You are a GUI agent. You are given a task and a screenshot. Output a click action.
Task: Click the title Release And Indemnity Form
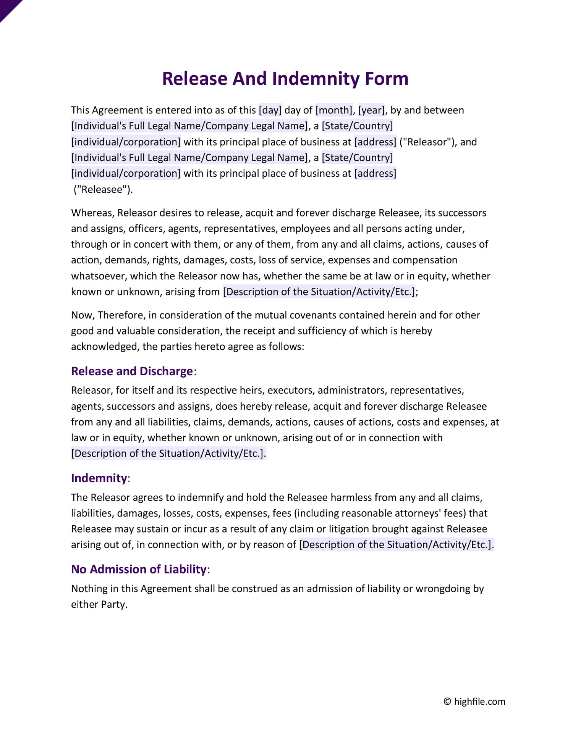[285, 78]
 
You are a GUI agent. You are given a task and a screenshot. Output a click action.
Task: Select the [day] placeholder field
[270, 110]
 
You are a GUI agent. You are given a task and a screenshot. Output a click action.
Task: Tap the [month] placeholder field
[334, 110]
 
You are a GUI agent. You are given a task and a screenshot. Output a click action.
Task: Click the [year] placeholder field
[371, 110]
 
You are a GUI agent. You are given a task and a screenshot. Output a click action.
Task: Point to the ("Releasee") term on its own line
[103, 189]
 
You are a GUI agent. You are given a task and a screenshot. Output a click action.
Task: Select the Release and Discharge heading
[132, 371]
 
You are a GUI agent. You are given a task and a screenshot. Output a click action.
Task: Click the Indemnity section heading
[99, 478]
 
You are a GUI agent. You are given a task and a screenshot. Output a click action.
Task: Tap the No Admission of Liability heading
[139, 569]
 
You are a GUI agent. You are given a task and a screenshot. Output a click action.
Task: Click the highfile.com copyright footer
[474, 701]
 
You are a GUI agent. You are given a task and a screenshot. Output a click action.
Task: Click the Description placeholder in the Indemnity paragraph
[396, 544]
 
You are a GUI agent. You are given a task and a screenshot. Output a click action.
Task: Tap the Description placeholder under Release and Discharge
[168, 453]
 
